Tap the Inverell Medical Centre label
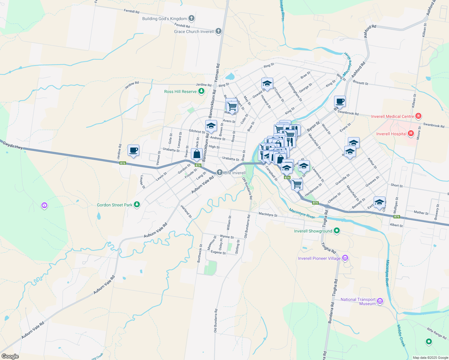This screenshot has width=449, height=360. point(393,116)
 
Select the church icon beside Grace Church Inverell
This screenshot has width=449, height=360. point(218,31)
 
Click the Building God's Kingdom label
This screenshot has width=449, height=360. point(164,19)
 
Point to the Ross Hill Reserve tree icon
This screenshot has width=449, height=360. point(201,91)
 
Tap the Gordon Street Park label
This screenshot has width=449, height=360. point(114,205)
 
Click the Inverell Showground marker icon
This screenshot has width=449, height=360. point(337,231)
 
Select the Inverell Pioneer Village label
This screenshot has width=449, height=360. point(319,258)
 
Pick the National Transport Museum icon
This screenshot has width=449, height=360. point(380,301)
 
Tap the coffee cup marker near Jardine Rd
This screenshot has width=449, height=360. point(133,150)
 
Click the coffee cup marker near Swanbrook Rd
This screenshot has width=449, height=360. point(340,101)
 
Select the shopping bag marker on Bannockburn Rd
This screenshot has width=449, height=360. point(197,154)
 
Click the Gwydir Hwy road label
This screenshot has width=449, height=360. point(13,145)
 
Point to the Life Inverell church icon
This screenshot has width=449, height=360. point(220,172)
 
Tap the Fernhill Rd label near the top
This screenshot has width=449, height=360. point(131,11)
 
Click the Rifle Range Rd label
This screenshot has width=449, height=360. point(437,333)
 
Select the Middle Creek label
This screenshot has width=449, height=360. point(401,336)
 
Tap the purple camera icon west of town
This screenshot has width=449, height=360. point(44,205)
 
